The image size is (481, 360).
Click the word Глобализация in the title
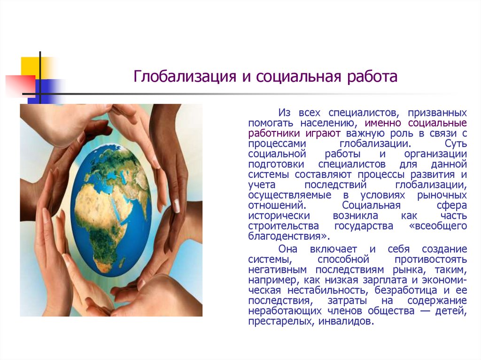click(185, 77)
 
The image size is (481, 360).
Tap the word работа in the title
click(372, 77)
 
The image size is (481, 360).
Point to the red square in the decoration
click(20, 86)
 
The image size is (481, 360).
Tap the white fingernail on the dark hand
click(177, 206)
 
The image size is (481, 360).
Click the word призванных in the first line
click(437, 113)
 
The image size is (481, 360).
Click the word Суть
click(456, 144)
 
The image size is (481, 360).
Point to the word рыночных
click(442, 195)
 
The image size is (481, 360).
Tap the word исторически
click(279, 216)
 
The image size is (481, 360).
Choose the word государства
click(364, 226)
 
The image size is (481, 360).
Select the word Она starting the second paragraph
click(288, 249)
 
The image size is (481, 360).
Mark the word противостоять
click(431, 260)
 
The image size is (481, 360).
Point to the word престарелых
click(281, 322)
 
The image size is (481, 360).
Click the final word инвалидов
click(346, 322)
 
